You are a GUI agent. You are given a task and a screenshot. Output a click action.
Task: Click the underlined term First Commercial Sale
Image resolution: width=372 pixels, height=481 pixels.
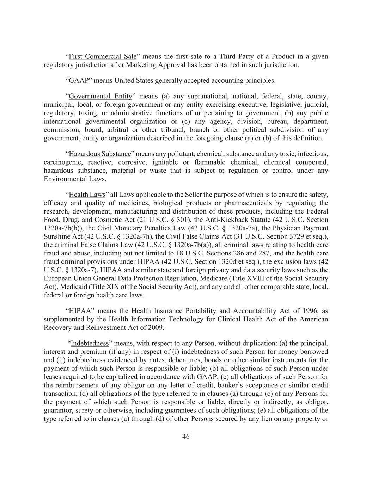click(x=102, y=56)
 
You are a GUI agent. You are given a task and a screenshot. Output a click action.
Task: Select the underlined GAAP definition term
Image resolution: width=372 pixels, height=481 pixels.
click(x=78, y=80)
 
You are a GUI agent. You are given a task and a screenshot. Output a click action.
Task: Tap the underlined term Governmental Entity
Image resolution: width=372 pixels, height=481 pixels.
click(x=100, y=96)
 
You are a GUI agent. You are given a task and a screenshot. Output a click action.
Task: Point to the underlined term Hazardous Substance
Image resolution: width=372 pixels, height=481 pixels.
click(x=100, y=154)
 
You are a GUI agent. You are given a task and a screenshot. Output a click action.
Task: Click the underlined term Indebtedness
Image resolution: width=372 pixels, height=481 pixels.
click(x=90, y=343)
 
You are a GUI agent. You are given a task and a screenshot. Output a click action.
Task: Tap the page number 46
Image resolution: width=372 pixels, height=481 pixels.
click(x=186, y=437)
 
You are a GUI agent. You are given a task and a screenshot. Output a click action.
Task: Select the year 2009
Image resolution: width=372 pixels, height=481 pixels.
click(x=155, y=327)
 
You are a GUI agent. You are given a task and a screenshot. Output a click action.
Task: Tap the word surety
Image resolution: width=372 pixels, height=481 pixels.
click(x=75, y=411)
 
